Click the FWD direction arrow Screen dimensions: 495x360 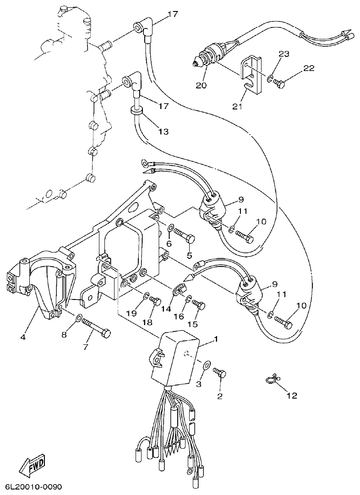point(32,467)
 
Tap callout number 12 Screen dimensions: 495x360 point(292,395)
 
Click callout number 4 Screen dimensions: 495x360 point(22,338)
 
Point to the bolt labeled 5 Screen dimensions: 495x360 point(185,237)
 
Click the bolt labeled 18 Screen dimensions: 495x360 point(156,301)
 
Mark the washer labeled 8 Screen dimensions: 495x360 point(79,317)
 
